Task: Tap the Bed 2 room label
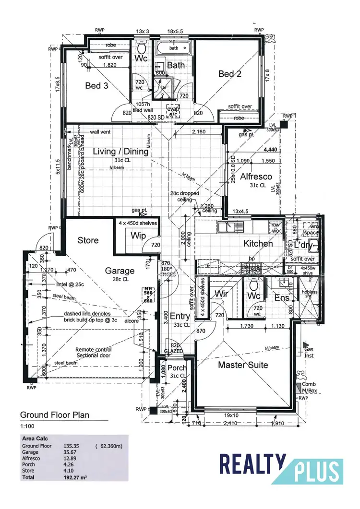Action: coord(229,73)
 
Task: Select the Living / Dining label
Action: coord(120,152)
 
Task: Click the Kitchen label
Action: coord(258,243)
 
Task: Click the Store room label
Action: coord(88,240)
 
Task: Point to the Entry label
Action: coord(180,317)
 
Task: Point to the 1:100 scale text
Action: coord(27,426)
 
